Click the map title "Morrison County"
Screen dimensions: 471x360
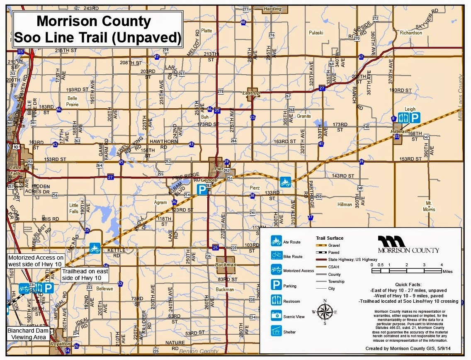(94, 21)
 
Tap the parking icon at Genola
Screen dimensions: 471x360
(202, 190)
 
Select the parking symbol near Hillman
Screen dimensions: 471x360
(415, 117)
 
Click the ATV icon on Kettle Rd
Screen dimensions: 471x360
(95, 248)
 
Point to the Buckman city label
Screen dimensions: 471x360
(226, 264)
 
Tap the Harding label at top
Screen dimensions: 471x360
(272, 9)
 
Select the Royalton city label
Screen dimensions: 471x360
(58, 344)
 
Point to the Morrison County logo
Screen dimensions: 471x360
(408, 244)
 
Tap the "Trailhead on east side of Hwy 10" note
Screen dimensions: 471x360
(85, 274)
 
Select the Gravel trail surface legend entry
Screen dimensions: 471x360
(328, 246)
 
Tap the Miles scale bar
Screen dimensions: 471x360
(406, 270)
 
